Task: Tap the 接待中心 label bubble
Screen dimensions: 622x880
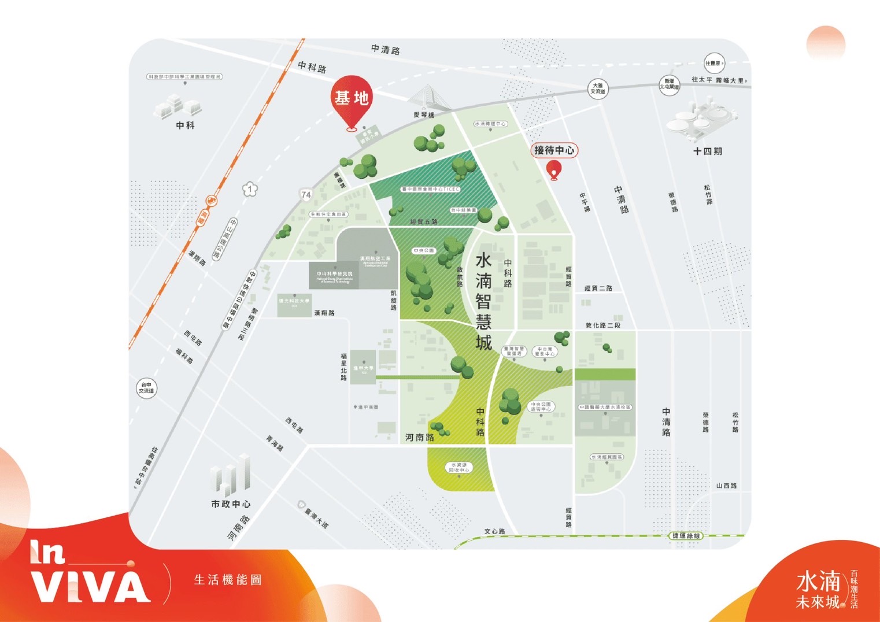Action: [554, 150]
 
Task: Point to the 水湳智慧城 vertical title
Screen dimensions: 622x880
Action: [483, 301]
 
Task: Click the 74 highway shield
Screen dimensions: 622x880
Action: [306, 195]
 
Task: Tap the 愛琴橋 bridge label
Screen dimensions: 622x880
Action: [424, 115]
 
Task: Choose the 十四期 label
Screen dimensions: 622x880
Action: [707, 151]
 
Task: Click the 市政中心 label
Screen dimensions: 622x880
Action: [231, 504]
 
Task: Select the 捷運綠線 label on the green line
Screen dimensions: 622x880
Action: [686, 536]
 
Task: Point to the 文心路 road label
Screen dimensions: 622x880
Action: [494, 531]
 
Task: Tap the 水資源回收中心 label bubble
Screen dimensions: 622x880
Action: [459, 467]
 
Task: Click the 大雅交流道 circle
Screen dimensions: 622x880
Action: [598, 88]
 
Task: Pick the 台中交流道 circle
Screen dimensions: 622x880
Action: [146, 388]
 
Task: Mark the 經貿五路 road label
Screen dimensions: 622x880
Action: [424, 222]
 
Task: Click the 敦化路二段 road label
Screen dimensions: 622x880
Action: [603, 325]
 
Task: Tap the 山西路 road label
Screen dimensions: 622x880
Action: [726, 486]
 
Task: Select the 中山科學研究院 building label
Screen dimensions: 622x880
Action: [334, 275]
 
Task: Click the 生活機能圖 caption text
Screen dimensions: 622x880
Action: [228, 580]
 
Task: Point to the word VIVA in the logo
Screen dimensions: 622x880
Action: [90, 587]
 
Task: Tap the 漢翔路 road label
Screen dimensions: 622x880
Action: [324, 313]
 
